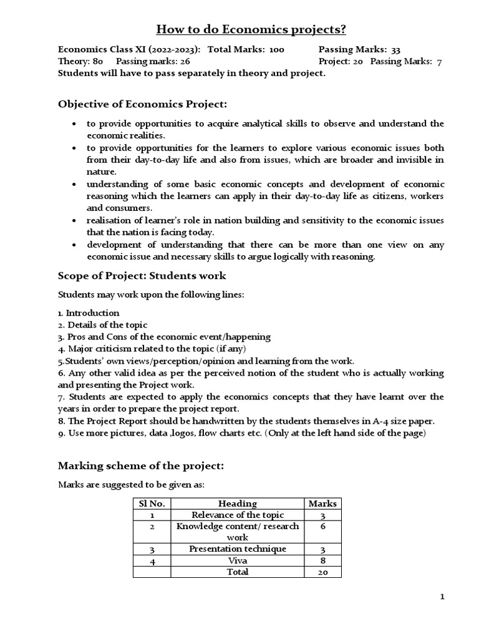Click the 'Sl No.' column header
[152, 504]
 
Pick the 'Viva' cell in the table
[238, 560]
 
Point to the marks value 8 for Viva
[322, 560]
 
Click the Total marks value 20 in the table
[322, 572]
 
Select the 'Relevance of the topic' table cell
[238, 515]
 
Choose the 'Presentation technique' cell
[238, 549]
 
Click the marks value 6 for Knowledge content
[322, 527]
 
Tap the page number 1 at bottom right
[442, 597]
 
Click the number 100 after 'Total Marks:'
[277, 50]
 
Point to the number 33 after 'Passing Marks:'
[395, 50]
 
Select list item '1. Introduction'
[89, 313]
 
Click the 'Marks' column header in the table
[322, 504]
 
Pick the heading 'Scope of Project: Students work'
[142, 275]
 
